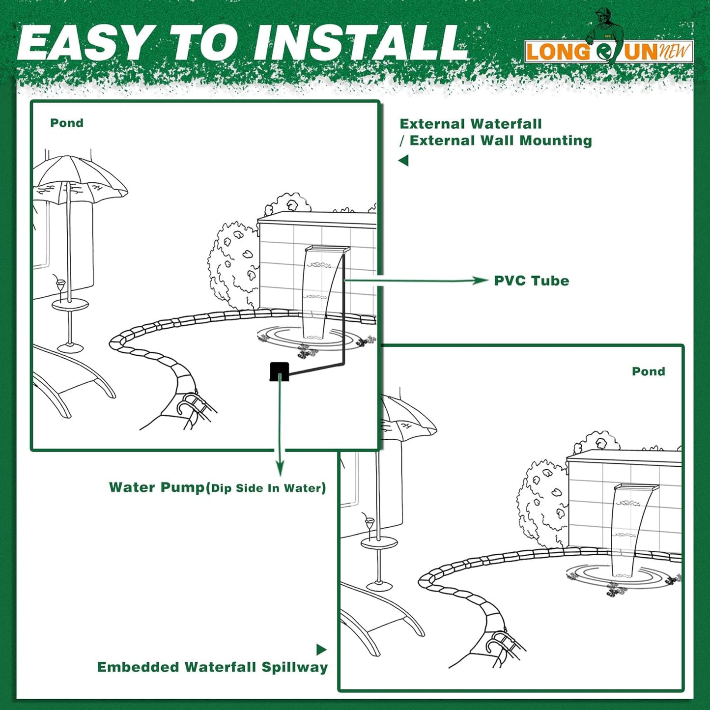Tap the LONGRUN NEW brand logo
(608, 51)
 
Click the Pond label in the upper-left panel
(67, 123)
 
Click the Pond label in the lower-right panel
(648, 371)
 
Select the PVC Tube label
(531, 281)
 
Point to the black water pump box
(279, 371)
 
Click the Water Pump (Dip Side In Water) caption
(217, 487)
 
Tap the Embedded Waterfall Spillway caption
(212, 667)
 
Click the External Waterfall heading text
(470, 124)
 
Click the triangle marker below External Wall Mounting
(403, 161)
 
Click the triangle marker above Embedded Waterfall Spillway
(321, 650)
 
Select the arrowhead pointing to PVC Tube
(481, 281)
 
